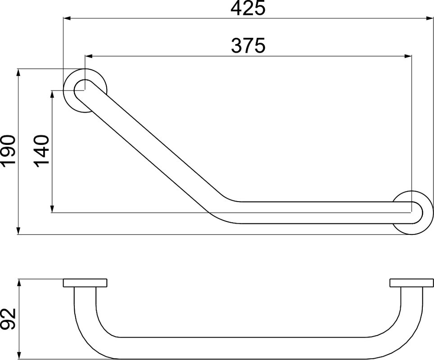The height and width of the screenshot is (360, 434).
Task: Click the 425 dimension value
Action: pyautogui.click(x=248, y=8)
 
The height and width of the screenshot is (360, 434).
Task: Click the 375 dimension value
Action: pyautogui.click(x=248, y=45)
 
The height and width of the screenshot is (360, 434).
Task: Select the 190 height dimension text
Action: pyautogui.click(x=8, y=152)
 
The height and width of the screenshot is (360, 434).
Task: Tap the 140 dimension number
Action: pyautogui.click(x=42, y=152)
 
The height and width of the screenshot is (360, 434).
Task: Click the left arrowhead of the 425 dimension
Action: pyautogui.click(x=67, y=18)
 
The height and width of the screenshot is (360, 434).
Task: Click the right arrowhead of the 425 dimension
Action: pyautogui.click(x=429, y=18)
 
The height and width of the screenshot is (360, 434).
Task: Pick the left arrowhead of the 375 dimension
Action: pyautogui.click(x=89, y=57)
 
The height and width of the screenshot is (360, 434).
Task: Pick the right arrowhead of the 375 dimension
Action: pyautogui.click(x=408, y=57)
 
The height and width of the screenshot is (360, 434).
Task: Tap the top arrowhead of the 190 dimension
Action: pyautogui.click(x=18, y=72)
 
